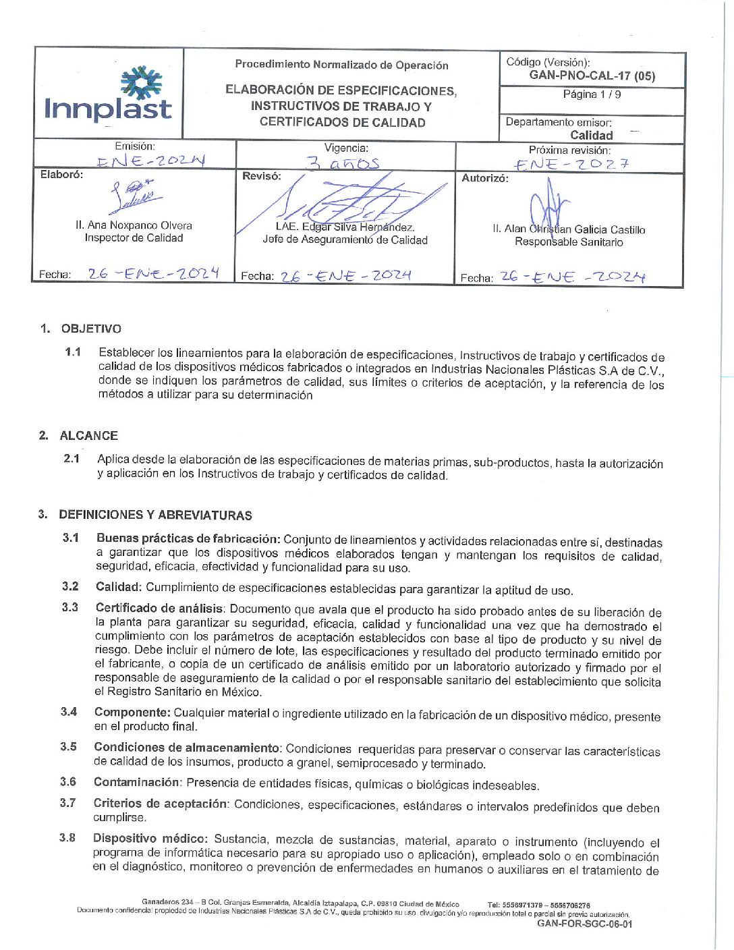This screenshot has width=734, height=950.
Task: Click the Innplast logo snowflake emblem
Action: coord(141,82)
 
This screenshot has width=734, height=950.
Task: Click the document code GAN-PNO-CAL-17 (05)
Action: coord(592,76)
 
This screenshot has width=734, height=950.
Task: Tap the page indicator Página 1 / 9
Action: coord(592,94)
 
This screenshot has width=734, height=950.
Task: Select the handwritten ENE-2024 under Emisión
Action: coord(150,161)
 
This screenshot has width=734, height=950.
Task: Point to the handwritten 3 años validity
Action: coord(343,163)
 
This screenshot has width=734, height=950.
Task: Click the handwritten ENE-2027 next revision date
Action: coord(571,164)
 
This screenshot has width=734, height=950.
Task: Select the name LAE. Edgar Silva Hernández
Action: coord(345,227)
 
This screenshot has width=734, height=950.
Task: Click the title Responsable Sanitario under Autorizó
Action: coord(569,242)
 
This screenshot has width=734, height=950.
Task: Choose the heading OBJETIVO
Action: coord(91,329)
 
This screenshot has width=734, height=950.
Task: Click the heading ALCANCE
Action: coord(88,435)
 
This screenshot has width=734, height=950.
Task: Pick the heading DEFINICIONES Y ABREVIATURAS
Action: coord(155,515)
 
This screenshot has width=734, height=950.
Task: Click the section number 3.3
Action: coord(70,607)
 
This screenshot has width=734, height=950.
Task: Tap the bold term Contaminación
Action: coord(136,782)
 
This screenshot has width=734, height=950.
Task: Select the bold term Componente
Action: coord(132,712)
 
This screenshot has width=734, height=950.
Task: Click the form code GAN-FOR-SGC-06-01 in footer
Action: coord(584,924)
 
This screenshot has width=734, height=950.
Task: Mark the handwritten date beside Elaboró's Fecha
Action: coord(153,273)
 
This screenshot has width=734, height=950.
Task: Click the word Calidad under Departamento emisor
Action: coord(591,135)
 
